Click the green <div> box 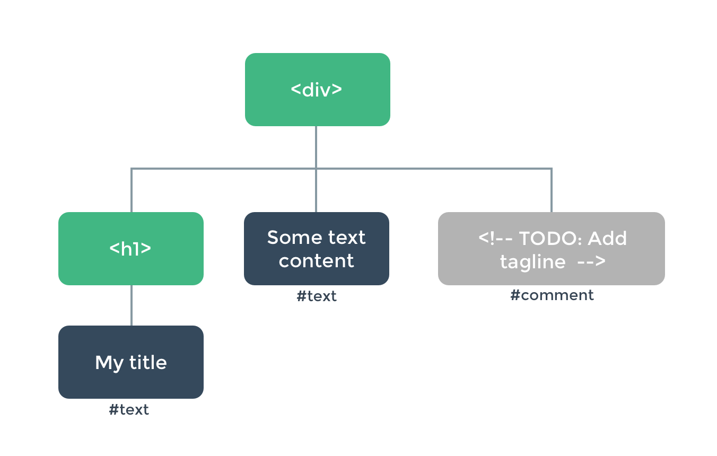tap(317, 89)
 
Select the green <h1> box tap(130, 249)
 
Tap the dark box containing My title tap(130, 362)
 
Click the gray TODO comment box tap(551, 249)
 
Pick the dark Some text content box tap(316, 249)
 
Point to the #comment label tap(552, 295)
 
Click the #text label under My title tap(129, 410)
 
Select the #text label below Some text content tap(316, 296)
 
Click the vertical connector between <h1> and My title tap(131, 305)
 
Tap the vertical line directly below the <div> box tap(316, 147)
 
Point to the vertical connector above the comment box tap(551, 191)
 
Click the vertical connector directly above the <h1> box tap(131, 191)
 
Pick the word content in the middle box tap(316, 261)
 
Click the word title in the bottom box tap(147, 363)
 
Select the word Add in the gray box tap(607, 239)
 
